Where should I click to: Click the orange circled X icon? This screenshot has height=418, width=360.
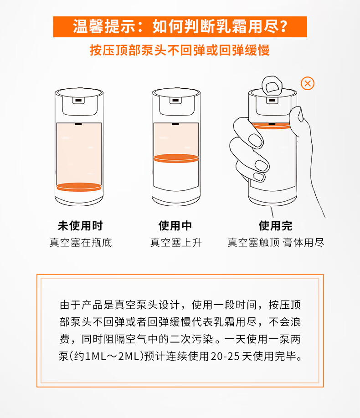pos(308,83)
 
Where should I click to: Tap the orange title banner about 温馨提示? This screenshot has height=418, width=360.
pos(180,27)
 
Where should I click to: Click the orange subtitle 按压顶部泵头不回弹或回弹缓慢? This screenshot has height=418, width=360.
pos(180,50)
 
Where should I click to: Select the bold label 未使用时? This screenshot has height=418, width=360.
pos(80,225)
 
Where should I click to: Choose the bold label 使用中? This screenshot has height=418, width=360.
pos(175,225)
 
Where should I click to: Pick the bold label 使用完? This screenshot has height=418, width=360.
pos(275,225)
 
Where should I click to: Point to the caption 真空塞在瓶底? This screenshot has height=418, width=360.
pos(81,243)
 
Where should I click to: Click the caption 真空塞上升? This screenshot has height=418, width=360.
pos(176,243)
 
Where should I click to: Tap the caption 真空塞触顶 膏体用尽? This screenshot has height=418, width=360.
pos(276,243)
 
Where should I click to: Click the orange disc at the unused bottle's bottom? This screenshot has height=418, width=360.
pos(79,187)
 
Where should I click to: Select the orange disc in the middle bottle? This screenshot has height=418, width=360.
pos(176,158)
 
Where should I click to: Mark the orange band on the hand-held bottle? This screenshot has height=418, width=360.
pos(271,126)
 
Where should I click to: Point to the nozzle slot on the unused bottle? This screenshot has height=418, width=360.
pos(78,101)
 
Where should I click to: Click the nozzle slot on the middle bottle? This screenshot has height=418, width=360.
pos(175,101)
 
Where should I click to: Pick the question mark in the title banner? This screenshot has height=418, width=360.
pos(283,27)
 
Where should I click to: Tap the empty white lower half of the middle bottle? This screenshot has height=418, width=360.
pos(176,175)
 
